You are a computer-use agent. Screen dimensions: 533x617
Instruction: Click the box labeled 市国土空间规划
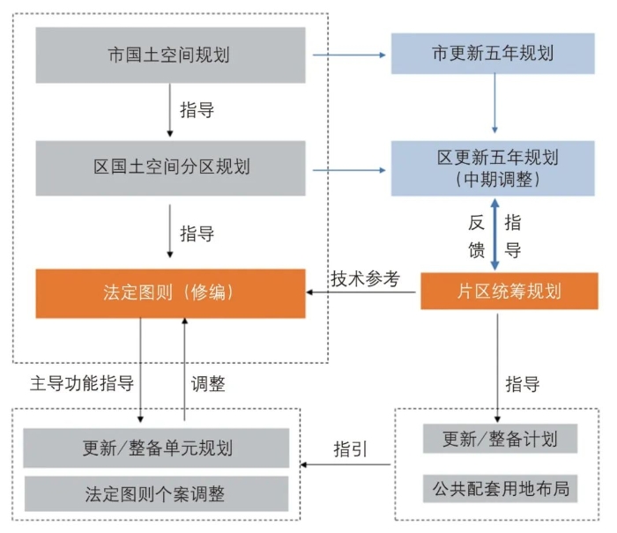click(x=170, y=55)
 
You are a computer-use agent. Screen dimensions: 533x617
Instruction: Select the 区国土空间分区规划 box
click(x=170, y=167)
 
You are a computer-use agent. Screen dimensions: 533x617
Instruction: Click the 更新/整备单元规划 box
click(x=156, y=448)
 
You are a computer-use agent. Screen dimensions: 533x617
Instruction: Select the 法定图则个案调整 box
click(x=156, y=493)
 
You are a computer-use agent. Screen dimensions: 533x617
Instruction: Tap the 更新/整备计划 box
click(x=499, y=438)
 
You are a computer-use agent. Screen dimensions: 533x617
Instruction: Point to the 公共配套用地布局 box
click(x=499, y=486)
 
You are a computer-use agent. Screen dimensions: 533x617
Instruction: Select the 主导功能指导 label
click(x=82, y=384)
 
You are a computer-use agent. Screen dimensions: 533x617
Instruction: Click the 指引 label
click(x=350, y=448)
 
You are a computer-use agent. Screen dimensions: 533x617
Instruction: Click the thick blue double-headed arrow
click(x=494, y=234)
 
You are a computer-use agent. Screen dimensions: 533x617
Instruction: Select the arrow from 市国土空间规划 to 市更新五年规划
click(x=352, y=55)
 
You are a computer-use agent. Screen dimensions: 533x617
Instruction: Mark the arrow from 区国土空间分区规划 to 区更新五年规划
click(x=352, y=167)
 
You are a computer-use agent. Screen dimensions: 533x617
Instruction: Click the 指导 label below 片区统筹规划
click(x=523, y=385)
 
